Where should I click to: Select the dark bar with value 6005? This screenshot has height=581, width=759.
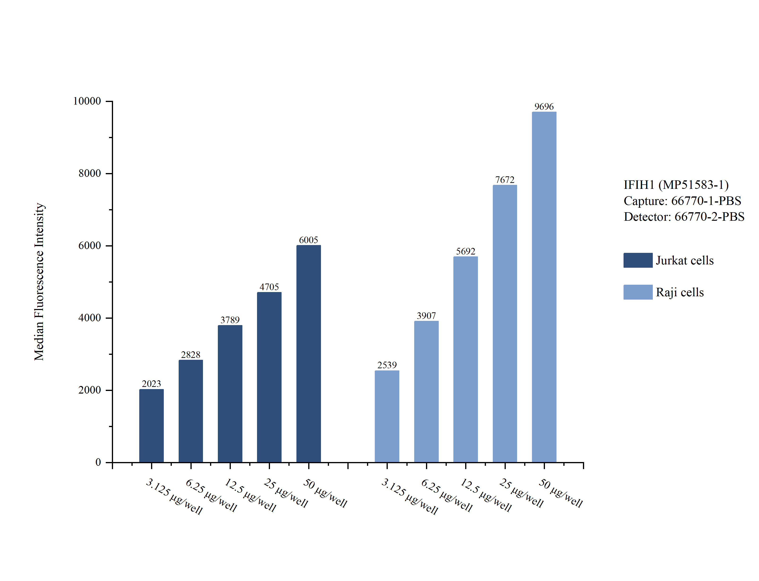pos(308,353)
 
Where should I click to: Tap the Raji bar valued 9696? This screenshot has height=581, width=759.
pos(544,287)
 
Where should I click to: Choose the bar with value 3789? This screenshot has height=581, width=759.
pos(230,394)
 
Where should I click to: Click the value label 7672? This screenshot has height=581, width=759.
pos(505,180)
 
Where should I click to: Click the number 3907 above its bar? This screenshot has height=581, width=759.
pos(426,315)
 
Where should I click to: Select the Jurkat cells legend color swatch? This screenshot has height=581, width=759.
pos(638,260)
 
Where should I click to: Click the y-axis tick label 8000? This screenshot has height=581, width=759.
pos(89,173)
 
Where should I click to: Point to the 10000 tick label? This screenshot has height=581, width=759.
pos(87,101)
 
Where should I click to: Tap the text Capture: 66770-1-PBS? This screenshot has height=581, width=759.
pos(682,201)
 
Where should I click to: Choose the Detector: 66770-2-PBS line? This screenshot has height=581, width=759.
pos(684,216)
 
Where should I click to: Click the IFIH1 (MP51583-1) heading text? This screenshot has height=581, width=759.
pos(676,185)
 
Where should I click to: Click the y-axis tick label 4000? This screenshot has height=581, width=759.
pos(89,318)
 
